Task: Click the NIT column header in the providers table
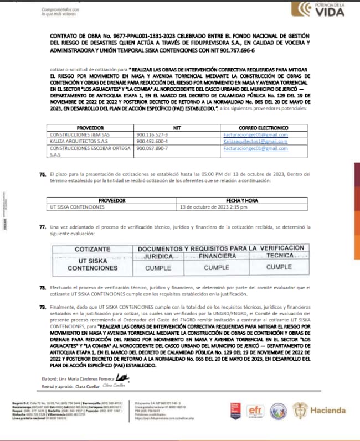point(177,127)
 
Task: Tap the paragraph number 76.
point(42,174)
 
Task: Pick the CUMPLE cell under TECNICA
point(279,267)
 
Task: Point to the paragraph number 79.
point(42,306)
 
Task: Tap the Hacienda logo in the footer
point(327,410)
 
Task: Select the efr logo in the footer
point(255,410)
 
